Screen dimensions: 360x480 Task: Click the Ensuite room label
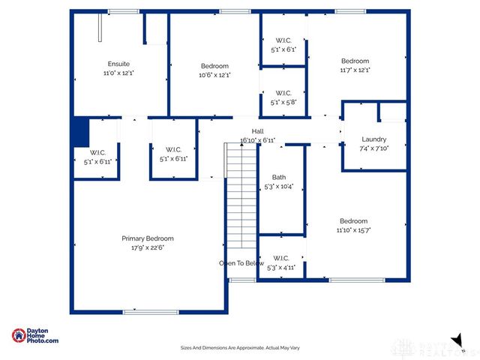click(118, 64)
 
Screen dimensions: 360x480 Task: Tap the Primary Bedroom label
click(148, 238)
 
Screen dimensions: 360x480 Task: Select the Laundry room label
click(373, 139)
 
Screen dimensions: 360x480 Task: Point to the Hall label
click(257, 131)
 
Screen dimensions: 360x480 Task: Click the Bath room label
click(278, 177)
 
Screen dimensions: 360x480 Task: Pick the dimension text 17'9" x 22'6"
click(148, 247)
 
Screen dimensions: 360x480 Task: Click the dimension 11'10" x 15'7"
click(353, 230)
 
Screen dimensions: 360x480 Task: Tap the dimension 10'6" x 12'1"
click(214, 75)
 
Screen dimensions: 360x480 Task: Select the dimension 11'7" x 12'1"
click(355, 70)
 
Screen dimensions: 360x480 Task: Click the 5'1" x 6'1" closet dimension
click(283, 49)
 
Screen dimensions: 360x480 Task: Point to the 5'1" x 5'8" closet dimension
click(283, 103)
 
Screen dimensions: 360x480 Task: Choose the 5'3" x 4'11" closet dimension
click(281, 267)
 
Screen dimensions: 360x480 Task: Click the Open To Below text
click(241, 263)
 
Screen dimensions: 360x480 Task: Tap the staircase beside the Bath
click(241, 199)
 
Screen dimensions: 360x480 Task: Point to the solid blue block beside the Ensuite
click(80, 132)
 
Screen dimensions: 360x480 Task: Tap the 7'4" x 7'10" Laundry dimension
click(373, 148)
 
